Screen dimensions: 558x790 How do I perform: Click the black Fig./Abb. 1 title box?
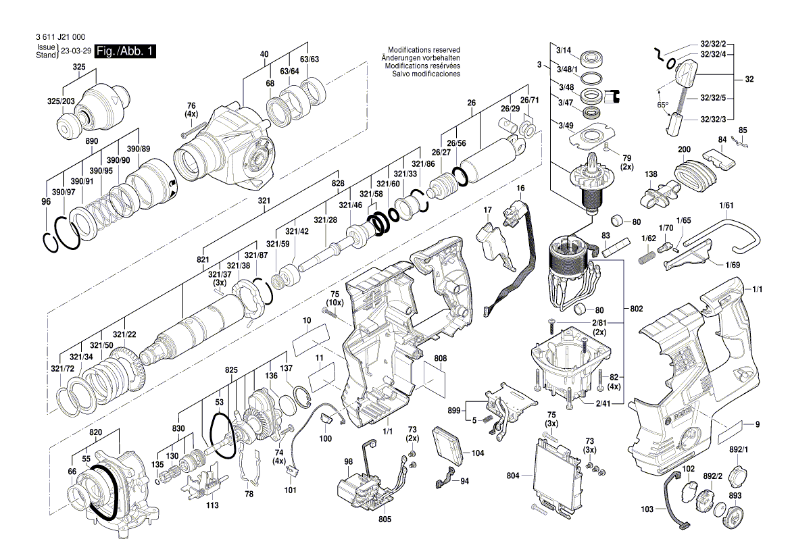[126, 51]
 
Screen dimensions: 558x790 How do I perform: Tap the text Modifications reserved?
[424, 50]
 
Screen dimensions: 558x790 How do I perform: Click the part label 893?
[735, 495]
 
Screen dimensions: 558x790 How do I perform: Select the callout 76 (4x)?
[191, 109]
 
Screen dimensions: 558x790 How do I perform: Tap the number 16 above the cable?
[521, 187]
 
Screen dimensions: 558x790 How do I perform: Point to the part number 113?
[212, 505]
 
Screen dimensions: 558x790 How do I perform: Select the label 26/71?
[530, 100]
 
